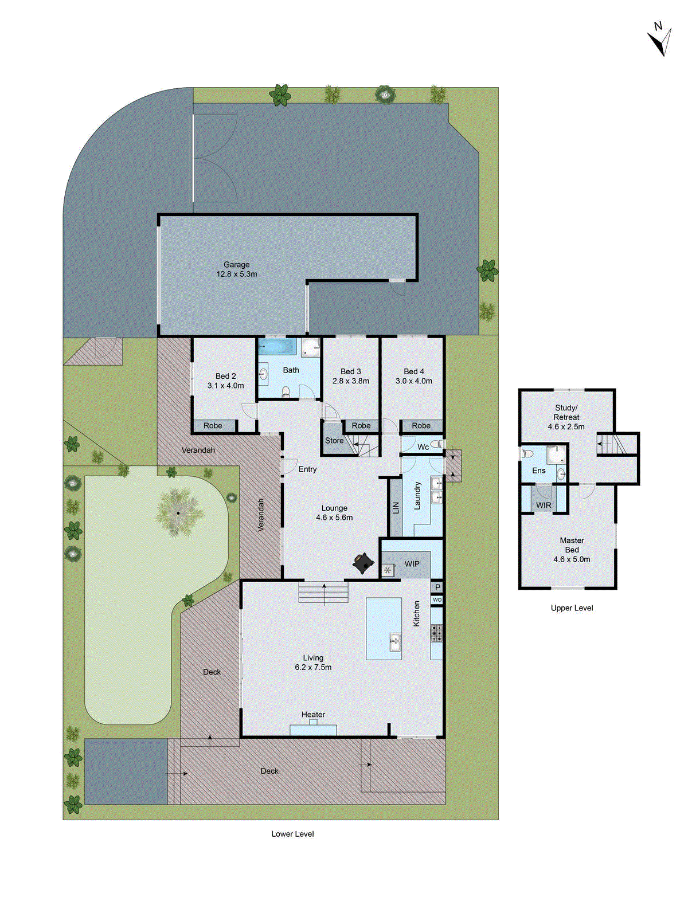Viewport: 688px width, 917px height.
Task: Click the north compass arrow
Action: tap(660, 41)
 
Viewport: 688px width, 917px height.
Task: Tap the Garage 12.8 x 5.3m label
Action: tap(236, 269)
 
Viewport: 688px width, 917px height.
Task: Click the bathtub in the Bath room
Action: tap(277, 347)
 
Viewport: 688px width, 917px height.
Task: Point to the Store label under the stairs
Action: tap(334, 441)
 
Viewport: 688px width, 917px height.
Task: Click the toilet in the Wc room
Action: tap(437, 444)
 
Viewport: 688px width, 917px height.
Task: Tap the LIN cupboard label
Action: tap(395, 508)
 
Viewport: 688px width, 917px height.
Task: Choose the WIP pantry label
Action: tap(412, 564)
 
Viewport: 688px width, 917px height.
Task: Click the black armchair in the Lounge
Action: tap(363, 563)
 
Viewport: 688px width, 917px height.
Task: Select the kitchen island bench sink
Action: tap(395, 642)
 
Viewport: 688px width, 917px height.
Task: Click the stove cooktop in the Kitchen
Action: tap(436, 633)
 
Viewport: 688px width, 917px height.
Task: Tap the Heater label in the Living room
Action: tap(313, 715)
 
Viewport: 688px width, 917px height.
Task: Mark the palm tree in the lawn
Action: tap(178, 512)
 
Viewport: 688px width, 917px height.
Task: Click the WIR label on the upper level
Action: tap(544, 505)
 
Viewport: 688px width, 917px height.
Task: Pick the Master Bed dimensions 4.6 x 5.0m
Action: tap(572, 559)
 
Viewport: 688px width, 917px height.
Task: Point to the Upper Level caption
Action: tap(572, 608)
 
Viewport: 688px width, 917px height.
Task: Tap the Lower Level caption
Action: tap(292, 834)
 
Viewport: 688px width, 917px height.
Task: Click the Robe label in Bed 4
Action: tap(421, 426)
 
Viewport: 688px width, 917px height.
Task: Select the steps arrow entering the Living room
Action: tap(325, 594)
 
